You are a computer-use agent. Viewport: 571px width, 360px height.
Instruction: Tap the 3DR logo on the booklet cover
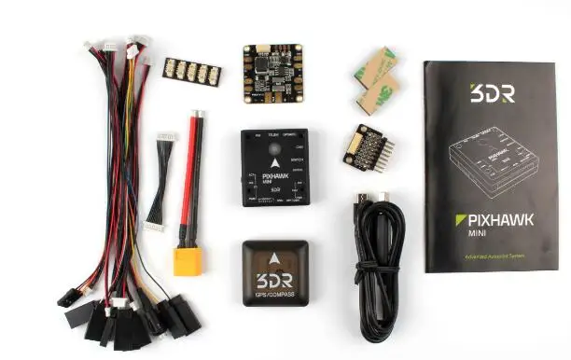pyautogui.click(x=488, y=93)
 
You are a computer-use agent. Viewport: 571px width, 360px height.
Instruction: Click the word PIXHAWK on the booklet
pyautogui.click(x=498, y=220)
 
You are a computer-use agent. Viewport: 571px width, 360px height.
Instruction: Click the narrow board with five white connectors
pyautogui.click(x=191, y=71)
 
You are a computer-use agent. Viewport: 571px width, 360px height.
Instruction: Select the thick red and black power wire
pyautogui.click(x=199, y=177)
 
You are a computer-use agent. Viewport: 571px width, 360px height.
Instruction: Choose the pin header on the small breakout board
pyautogui.click(x=389, y=148)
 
